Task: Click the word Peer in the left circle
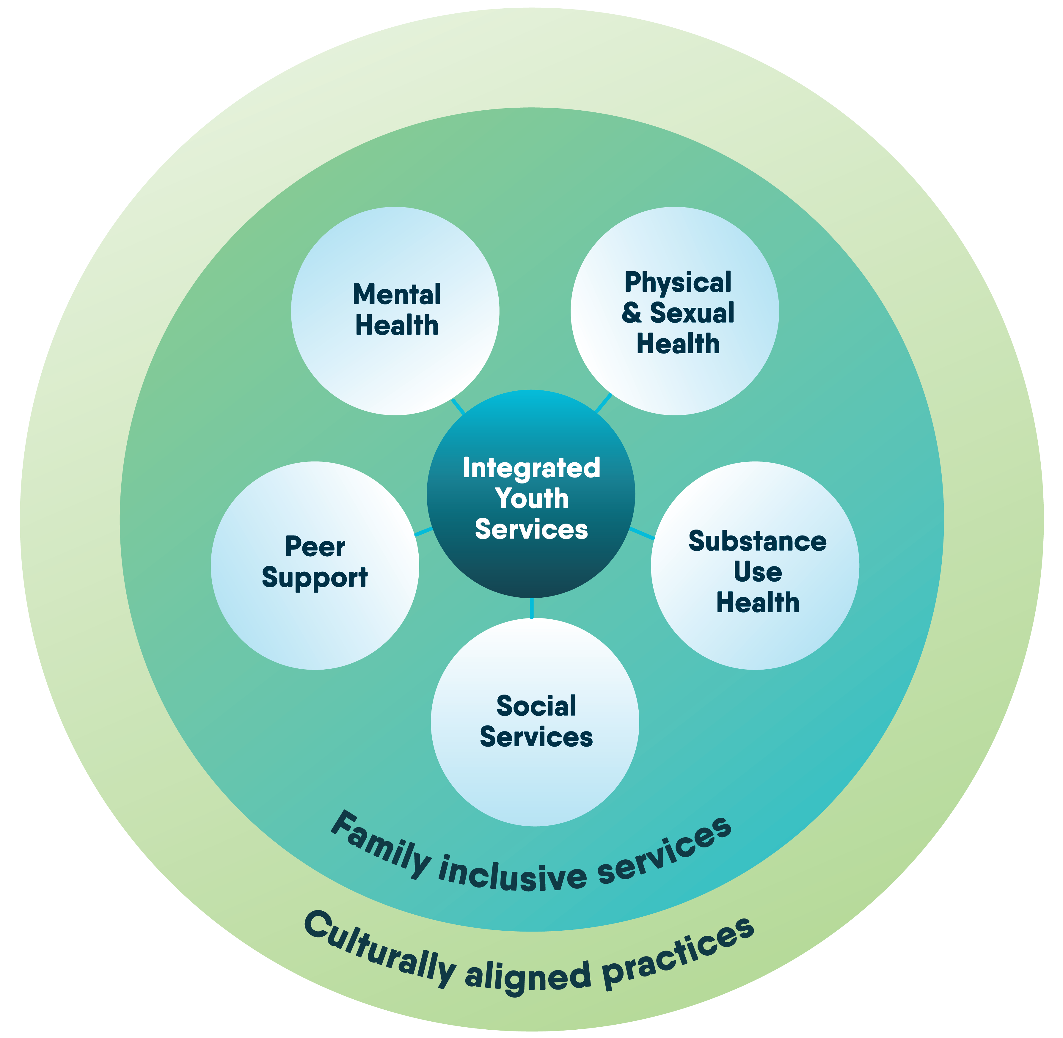[315, 546]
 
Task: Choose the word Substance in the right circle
[757, 541]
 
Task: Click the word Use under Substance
[757, 572]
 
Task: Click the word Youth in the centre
[532, 498]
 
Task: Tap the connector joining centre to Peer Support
[423, 532]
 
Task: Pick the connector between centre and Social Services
[532, 608]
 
